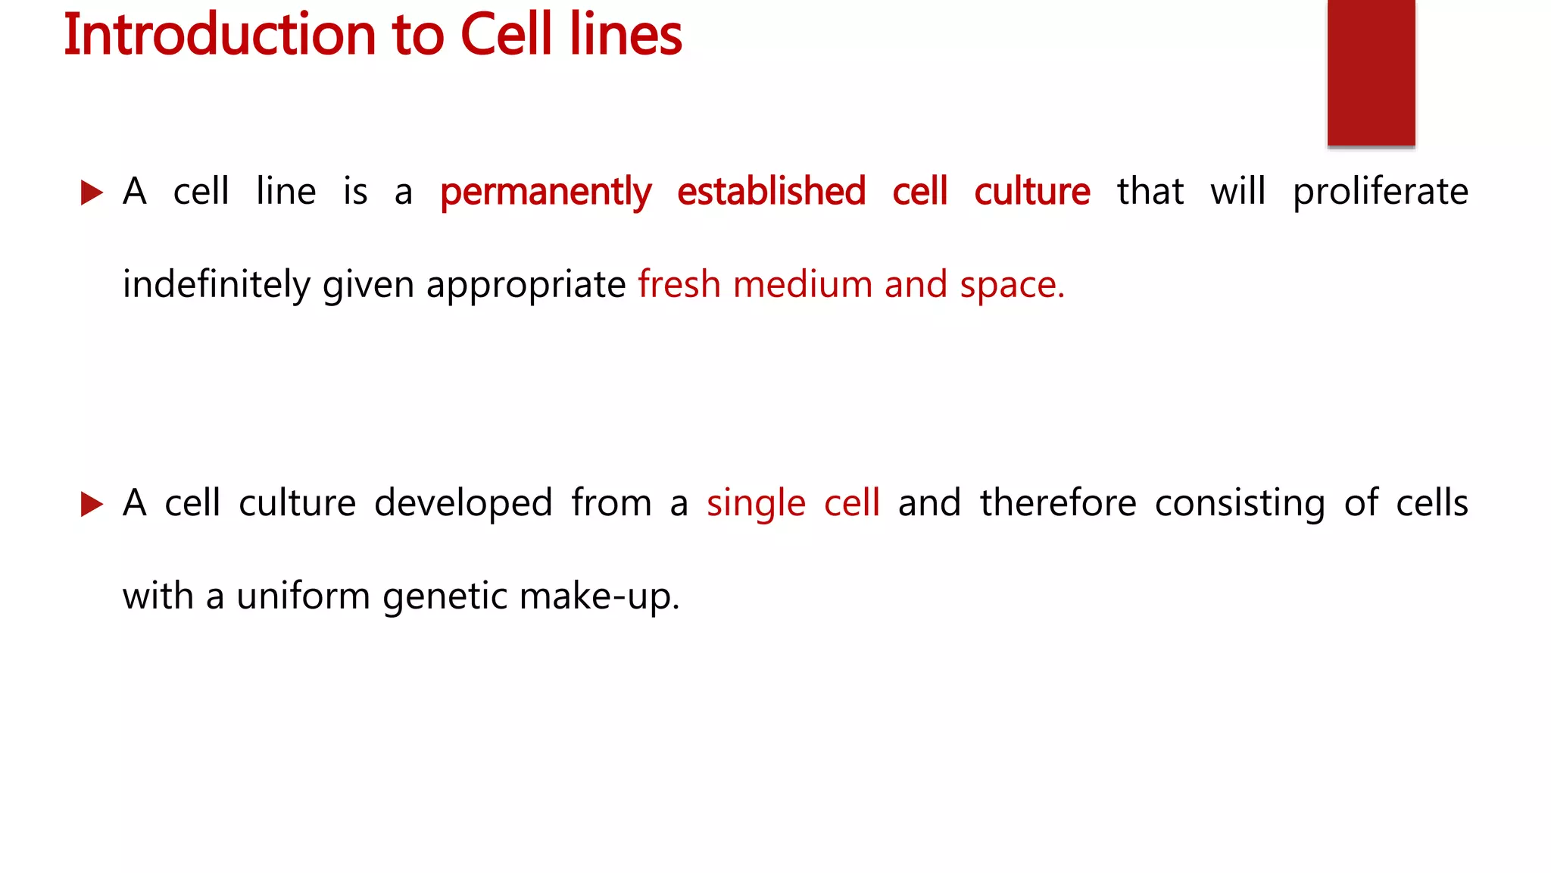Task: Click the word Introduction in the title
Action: coord(220,35)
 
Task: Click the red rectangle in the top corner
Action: coord(1371,72)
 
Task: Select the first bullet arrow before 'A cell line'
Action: coord(91,192)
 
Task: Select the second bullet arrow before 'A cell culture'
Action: coord(91,504)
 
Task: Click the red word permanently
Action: coord(545,192)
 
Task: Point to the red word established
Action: coord(771,191)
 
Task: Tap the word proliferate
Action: coord(1380,192)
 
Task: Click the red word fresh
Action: coord(679,284)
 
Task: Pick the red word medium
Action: coord(803,285)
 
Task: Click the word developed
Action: coord(463,504)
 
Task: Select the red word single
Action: coord(756,504)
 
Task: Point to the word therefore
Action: coord(1058,503)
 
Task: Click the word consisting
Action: coord(1240,504)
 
